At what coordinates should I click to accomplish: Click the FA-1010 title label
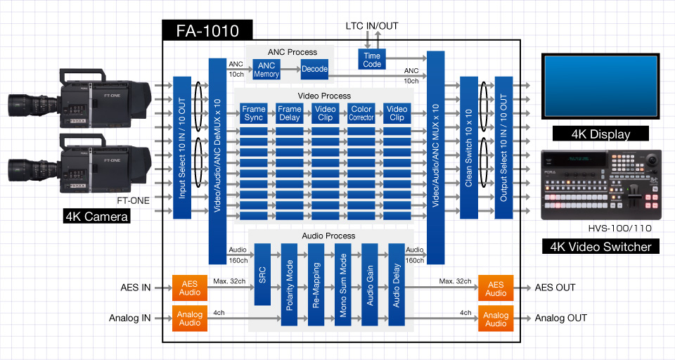[207, 30]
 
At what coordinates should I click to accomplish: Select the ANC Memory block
[267, 70]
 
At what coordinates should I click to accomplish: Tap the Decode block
[314, 69]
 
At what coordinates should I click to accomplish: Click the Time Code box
[372, 59]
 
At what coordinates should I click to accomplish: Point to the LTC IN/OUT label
[372, 26]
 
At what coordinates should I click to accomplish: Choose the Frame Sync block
[254, 113]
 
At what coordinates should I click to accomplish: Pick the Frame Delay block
[289, 113]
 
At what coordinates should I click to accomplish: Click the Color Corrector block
[361, 113]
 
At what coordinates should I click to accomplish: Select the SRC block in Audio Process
[262, 274]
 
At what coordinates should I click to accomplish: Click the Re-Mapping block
[316, 285]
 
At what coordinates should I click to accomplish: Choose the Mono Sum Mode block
[343, 285]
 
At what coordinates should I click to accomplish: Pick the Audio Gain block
[371, 285]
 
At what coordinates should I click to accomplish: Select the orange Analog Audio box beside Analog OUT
[496, 318]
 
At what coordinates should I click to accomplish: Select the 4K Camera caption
[96, 217]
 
